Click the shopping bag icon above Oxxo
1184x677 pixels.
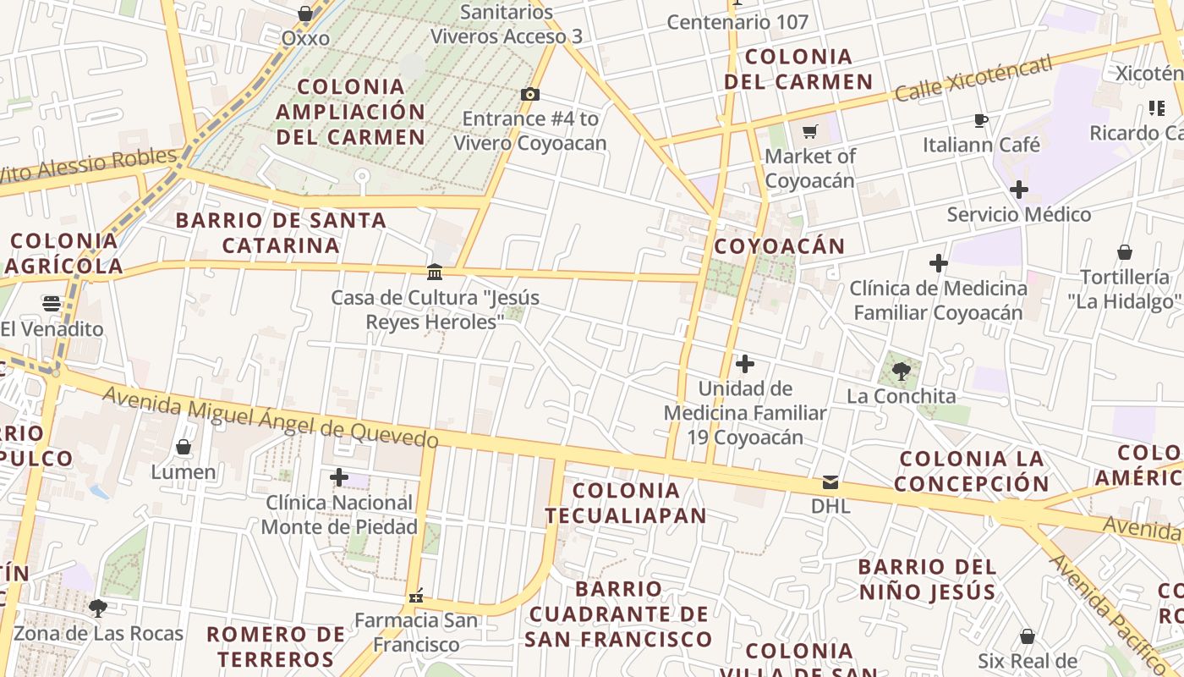pos(305,14)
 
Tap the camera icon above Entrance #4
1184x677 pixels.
pos(530,94)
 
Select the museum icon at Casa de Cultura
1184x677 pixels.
pos(435,272)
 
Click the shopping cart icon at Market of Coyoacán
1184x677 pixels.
pos(810,131)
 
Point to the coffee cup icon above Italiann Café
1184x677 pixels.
pos(981,120)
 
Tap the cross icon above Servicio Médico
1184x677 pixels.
pos(1019,190)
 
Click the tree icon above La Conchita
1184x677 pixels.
pos(902,371)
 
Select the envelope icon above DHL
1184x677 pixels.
pos(830,482)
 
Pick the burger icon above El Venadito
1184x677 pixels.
pos(52,304)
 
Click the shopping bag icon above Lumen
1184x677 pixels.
pos(184,446)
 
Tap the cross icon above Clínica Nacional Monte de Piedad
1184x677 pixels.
pos(339,477)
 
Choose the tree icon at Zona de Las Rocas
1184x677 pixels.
pos(98,608)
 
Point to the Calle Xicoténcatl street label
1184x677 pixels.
pos(973,78)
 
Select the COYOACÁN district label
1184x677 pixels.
pos(779,246)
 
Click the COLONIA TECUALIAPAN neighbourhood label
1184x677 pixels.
pos(626,503)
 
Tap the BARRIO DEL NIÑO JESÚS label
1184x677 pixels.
pos(927,579)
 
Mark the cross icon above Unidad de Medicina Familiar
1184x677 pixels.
pos(745,364)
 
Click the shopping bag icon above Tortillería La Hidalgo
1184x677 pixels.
pos(1125,252)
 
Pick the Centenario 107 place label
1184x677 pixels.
pos(738,23)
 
